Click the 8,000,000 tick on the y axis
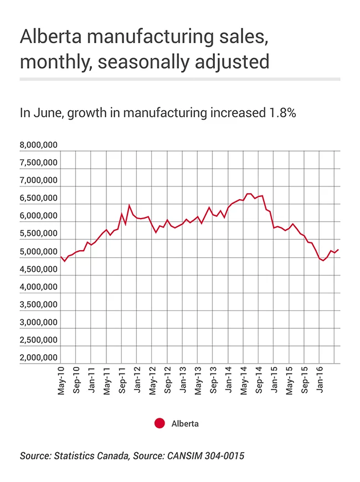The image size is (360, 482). coord(38,146)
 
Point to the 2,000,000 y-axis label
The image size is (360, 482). coord(38,357)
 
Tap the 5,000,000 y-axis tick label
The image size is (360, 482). coord(38,252)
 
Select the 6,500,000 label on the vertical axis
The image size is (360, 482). coord(38,198)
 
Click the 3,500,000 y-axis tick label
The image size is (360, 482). coord(38,304)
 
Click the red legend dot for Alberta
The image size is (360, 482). coord(160,423)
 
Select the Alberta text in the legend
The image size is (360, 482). coord(185,424)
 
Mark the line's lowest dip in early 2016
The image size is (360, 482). coord(323,260)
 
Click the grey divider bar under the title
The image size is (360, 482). coord(180,79)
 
